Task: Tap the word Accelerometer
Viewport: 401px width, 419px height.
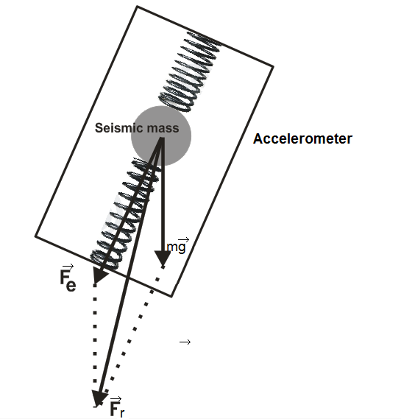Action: click(x=302, y=138)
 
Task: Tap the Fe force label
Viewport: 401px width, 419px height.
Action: click(x=67, y=279)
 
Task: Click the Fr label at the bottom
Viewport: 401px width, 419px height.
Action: click(x=116, y=408)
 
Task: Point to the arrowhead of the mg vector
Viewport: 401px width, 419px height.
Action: click(x=162, y=259)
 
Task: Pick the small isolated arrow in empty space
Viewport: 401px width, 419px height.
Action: click(x=185, y=342)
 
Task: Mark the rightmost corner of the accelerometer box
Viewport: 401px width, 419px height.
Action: click(x=274, y=66)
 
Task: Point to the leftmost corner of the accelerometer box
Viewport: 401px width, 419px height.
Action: click(x=35, y=236)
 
